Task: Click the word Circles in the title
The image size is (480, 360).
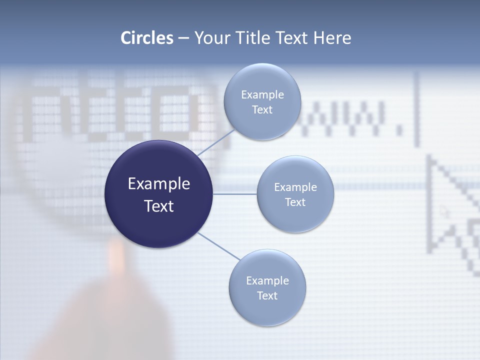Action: [x=146, y=38]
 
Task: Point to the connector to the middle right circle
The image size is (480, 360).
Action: [x=235, y=194]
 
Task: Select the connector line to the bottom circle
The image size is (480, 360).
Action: [x=219, y=246]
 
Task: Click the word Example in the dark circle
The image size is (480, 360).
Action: [x=158, y=184]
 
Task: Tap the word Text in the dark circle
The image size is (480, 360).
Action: [x=158, y=206]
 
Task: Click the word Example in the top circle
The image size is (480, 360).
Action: [x=262, y=94]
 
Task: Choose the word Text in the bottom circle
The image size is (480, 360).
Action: [x=267, y=295]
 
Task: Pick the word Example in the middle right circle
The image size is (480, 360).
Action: [x=295, y=187]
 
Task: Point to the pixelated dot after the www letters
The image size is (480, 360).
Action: [x=399, y=131]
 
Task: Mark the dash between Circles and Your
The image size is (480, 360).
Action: [x=183, y=38]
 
